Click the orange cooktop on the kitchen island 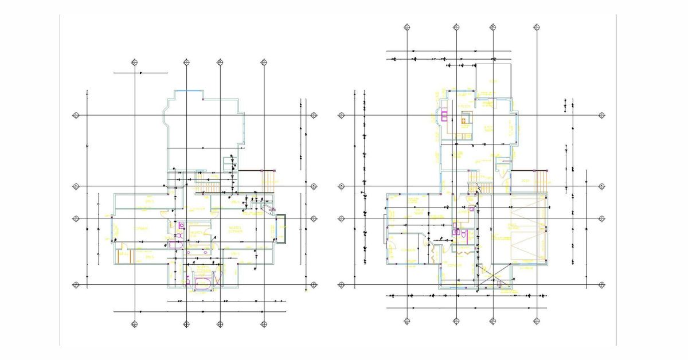point(465,121)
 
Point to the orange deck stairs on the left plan point(268,181)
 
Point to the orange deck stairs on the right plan point(540,181)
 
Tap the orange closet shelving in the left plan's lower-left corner point(126,256)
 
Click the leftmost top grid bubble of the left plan point(134,62)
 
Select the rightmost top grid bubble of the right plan point(537,27)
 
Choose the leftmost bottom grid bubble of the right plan point(406,321)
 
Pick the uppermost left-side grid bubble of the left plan point(75,115)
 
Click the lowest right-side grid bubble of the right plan point(601,285)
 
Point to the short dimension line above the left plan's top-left point(140,73)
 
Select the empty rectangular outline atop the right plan point(493,80)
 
